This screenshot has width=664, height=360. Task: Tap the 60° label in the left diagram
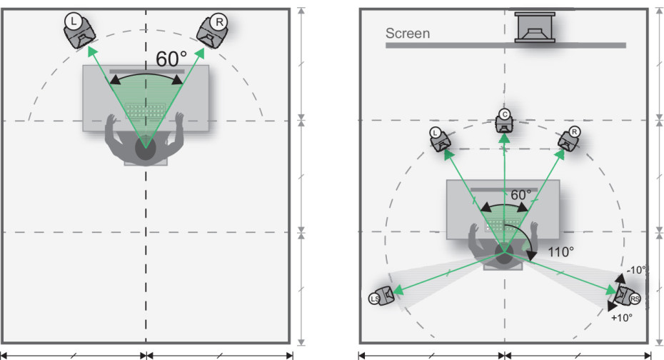point(171,59)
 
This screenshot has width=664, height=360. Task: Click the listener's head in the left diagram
point(146,148)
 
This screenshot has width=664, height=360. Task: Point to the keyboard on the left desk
point(146,111)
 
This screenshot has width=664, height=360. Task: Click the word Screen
point(408,34)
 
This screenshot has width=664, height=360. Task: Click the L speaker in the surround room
point(441,139)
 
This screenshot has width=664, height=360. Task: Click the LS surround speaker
point(382,296)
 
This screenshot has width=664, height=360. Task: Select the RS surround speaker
point(627,294)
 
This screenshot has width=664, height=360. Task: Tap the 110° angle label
point(560,251)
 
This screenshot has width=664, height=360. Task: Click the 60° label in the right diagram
point(521,194)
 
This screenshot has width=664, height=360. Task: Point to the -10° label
point(636,269)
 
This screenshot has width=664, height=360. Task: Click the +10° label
point(622,318)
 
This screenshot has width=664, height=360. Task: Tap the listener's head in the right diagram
point(504,256)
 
